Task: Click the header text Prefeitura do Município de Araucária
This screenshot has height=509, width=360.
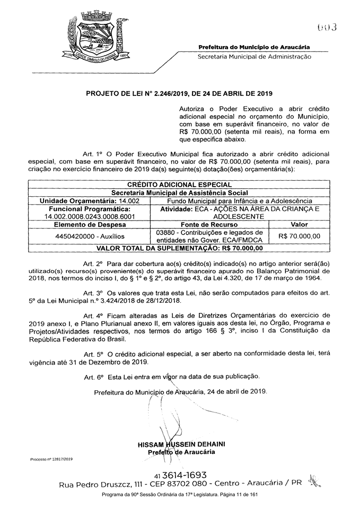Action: (254, 48)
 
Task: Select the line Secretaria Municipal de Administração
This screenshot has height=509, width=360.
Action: (254, 56)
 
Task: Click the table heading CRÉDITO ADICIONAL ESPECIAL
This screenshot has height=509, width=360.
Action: (180, 185)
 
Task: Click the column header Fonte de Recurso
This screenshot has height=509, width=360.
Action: (210, 224)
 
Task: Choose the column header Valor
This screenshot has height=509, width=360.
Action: (299, 224)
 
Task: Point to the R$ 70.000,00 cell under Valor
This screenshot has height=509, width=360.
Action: (299, 236)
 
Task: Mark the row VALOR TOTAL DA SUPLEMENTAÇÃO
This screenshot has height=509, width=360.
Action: (180, 248)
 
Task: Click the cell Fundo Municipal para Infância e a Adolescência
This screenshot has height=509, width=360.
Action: (239, 201)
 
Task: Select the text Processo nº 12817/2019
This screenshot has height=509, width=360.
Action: (51, 458)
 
